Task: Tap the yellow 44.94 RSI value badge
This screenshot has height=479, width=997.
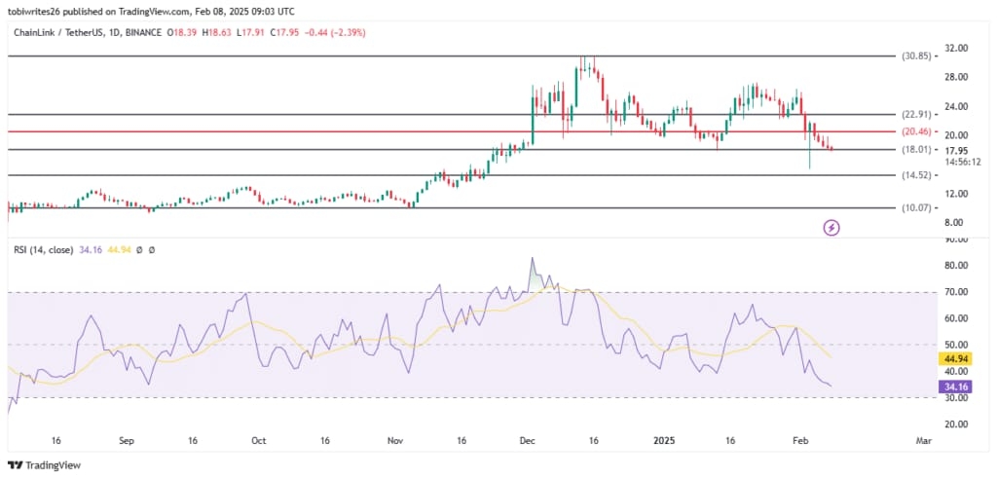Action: coord(951,358)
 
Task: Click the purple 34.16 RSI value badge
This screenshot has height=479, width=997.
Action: coord(951,387)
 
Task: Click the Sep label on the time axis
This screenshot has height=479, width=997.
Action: coord(128,441)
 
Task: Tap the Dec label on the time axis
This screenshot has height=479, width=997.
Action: coord(527,441)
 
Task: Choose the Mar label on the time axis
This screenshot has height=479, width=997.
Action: coord(924,441)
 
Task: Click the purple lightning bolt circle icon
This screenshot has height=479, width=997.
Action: coord(831,228)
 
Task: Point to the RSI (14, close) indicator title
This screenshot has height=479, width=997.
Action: coord(50,250)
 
